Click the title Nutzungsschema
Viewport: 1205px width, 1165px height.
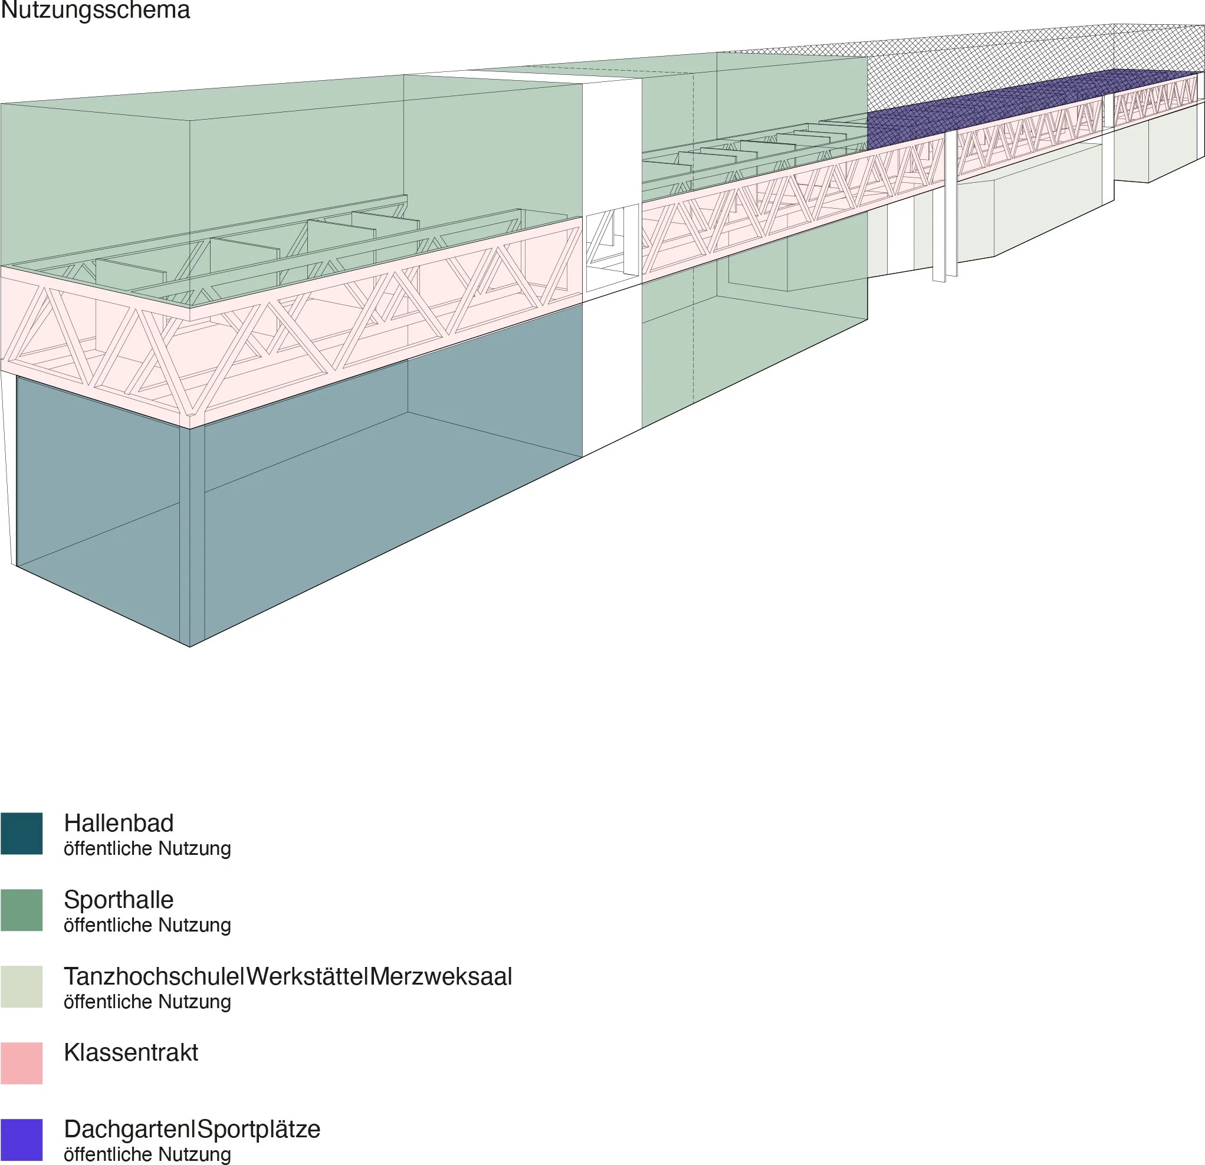pyautogui.click(x=96, y=11)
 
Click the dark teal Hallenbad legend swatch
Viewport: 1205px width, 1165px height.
pyautogui.click(x=21, y=833)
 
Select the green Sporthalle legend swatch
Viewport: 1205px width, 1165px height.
pyautogui.click(x=21, y=909)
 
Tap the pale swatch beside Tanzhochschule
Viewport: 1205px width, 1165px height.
pyautogui.click(x=21, y=986)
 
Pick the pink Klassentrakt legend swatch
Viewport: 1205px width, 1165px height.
pyautogui.click(x=21, y=1062)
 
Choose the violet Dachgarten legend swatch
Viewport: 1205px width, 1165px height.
pyautogui.click(x=21, y=1139)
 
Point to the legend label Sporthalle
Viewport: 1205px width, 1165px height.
pyautogui.click(x=119, y=900)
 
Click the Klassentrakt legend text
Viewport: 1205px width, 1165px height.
pyautogui.click(x=131, y=1052)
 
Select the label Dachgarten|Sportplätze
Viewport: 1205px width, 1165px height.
pyautogui.click(x=192, y=1130)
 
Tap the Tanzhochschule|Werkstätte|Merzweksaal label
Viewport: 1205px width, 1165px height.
pyautogui.click(x=288, y=976)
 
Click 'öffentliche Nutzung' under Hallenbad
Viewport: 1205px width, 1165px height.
pyautogui.click(x=147, y=848)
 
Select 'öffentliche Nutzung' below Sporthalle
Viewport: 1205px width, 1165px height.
pyautogui.click(x=147, y=926)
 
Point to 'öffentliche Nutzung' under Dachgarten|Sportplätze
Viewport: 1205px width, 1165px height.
pyautogui.click(x=147, y=1154)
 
